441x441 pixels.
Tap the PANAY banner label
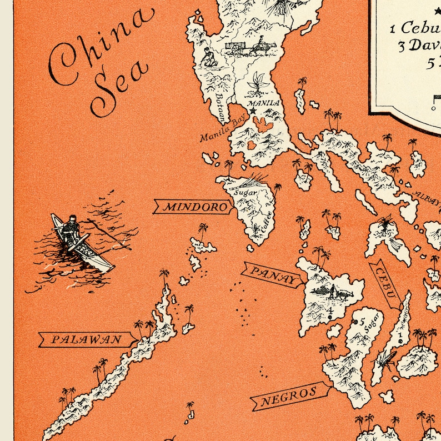coord(271,275)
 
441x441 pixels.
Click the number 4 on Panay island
coord(330,311)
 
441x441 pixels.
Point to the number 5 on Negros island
coord(362,322)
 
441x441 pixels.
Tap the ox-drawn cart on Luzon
coord(238,47)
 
